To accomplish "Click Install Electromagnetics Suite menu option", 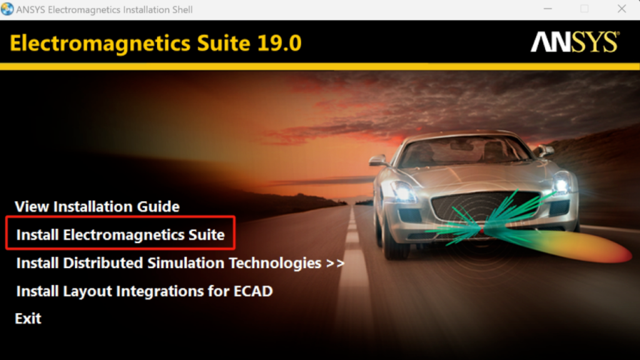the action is pyautogui.click(x=121, y=235).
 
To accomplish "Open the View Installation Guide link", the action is pyautogui.click(x=97, y=206).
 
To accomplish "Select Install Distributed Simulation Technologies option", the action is pyautogui.click(x=180, y=263).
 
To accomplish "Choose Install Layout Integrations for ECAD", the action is pyautogui.click(x=144, y=291).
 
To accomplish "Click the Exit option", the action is pyautogui.click(x=27, y=318).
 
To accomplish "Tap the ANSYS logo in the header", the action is pyautogui.click(x=575, y=42).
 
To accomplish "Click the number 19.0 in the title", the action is pyautogui.click(x=279, y=43).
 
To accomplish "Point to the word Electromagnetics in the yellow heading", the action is pyautogui.click(x=100, y=44).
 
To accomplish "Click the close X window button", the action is pyautogui.click(x=622, y=9).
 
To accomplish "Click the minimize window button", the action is pyautogui.click(x=547, y=9).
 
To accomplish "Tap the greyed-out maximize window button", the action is pyautogui.click(x=584, y=9).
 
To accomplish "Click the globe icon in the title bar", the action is pyautogui.click(x=7, y=9).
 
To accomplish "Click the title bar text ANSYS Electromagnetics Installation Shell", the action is pyautogui.click(x=104, y=9).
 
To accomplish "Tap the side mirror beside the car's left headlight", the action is pyautogui.click(x=378, y=161).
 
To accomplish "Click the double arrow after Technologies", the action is pyautogui.click(x=336, y=264).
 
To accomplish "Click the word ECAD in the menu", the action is pyautogui.click(x=253, y=291).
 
